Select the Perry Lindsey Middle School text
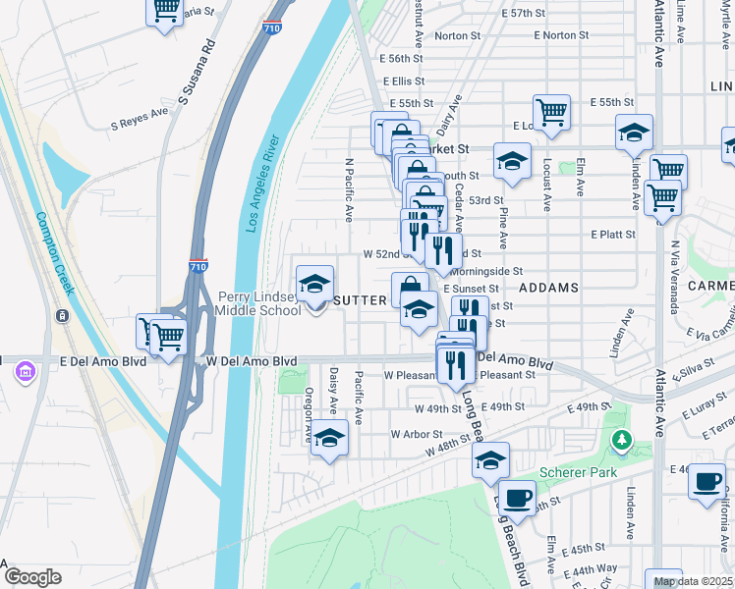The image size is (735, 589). pos(258,303)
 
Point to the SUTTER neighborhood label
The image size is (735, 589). pos(362,300)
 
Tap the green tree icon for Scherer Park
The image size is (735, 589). pos(620,442)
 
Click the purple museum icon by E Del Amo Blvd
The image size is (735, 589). pos(25,372)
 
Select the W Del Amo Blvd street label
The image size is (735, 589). pos(252,361)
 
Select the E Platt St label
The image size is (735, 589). pos(613,235)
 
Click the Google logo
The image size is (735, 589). pos(32,577)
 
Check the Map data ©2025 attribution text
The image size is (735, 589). pos(693,581)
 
